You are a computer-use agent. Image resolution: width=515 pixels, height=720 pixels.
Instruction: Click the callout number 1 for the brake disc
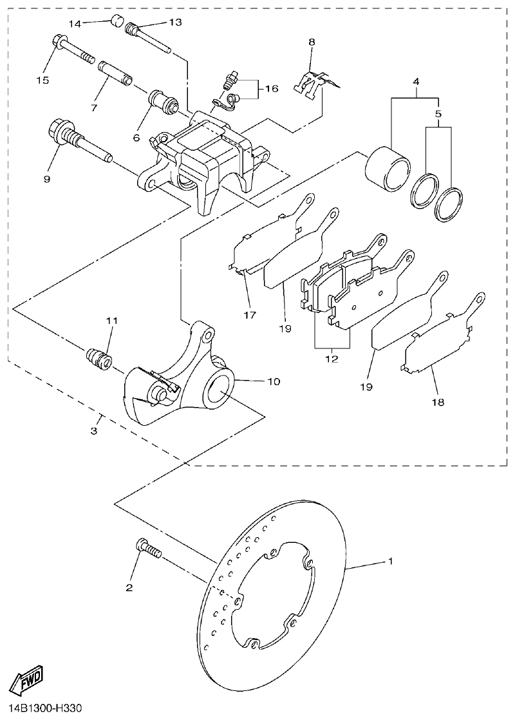point(389,562)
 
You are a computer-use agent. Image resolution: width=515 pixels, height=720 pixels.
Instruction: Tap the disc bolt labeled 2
point(147,549)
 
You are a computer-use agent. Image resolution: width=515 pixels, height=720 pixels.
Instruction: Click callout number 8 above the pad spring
point(312,42)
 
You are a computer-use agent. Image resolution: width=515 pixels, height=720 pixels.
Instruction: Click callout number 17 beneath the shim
point(250,315)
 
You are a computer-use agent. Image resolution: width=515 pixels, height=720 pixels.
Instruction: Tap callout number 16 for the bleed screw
point(271,88)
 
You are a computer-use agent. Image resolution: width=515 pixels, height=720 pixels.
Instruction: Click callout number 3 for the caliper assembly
point(95,430)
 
